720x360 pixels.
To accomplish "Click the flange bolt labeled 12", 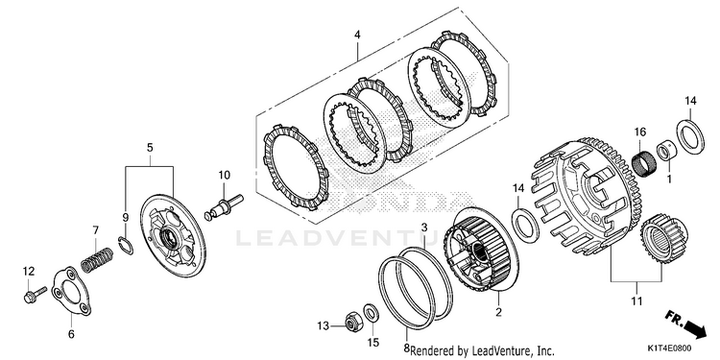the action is click(35, 295).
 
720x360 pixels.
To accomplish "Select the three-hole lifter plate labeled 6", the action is click(71, 292).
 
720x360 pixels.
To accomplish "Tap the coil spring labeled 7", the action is click(96, 259).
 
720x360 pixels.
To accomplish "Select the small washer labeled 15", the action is click(371, 313).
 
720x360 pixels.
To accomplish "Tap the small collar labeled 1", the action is click(665, 152).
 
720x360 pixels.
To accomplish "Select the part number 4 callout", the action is click(357, 35).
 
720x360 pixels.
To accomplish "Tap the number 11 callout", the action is click(636, 301).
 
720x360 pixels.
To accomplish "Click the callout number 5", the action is click(150, 148).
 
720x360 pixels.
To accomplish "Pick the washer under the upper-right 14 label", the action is click(688, 136).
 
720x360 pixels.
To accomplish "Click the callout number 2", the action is click(498, 313).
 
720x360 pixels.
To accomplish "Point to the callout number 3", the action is click(424, 228).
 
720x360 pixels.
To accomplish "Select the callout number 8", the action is click(406, 348).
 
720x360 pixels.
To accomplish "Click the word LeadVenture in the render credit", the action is click(502, 349).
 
